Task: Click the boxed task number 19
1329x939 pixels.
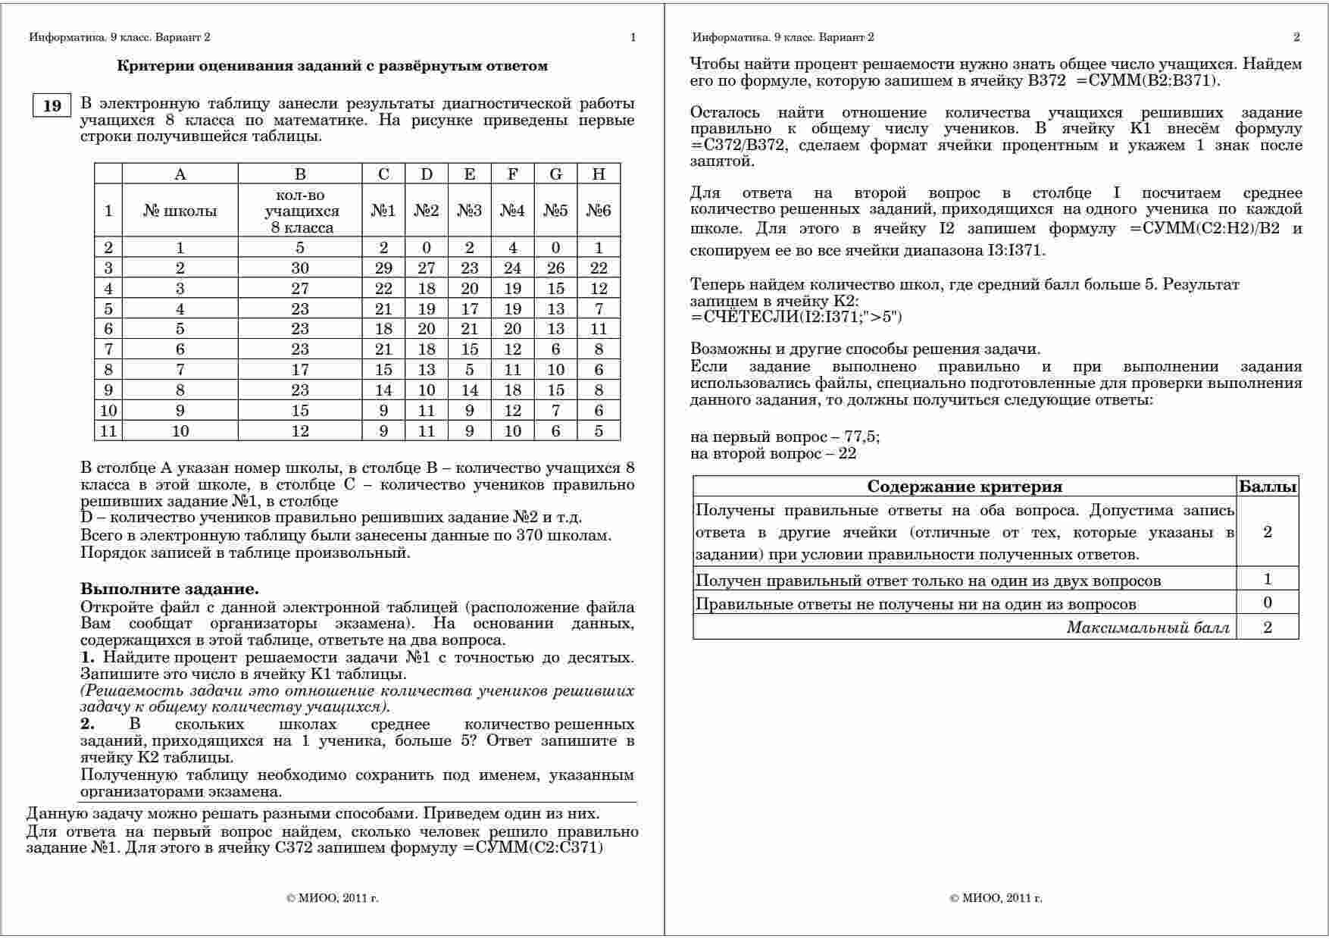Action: (52, 105)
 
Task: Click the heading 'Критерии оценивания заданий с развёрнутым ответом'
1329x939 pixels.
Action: (332, 66)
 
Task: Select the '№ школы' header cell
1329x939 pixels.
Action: (180, 211)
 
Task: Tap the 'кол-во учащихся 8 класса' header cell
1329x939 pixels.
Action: (300, 211)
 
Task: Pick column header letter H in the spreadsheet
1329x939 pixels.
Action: (599, 174)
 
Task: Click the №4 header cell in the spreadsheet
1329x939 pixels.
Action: (512, 211)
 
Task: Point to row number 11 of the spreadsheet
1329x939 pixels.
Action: (108, 431)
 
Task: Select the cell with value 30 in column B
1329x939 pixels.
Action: (300, 268)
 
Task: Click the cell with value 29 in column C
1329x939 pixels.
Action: (383, 268)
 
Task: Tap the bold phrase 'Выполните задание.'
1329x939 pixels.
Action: (170, 589)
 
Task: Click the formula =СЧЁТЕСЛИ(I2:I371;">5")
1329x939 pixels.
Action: (796, 317)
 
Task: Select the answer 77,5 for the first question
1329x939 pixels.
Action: (862, 437)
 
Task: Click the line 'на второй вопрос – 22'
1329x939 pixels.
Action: (773, 454)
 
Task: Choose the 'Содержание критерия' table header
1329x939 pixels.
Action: (964, 487)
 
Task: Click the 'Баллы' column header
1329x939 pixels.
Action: (1268, 487)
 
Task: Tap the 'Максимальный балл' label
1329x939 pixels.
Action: (1147, 628)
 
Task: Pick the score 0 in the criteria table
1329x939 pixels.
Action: (1268, 603)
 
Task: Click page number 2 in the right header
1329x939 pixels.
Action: (1296, 37)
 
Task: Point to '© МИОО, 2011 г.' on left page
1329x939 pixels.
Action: (333, 898)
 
